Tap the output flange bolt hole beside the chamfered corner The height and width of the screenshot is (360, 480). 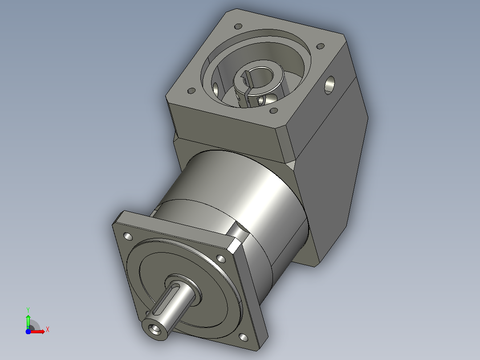tap(221, 259)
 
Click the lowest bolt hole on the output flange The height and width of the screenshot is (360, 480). tap(244, 338)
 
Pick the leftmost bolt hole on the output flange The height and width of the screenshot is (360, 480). tap(128, 236)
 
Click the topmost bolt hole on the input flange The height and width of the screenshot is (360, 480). tap(238, 26)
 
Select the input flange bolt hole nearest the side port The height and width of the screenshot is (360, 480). tap(320, 46)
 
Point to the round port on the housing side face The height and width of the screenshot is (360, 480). tap(329, 85)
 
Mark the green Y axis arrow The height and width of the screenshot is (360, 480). tap(28, 321)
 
